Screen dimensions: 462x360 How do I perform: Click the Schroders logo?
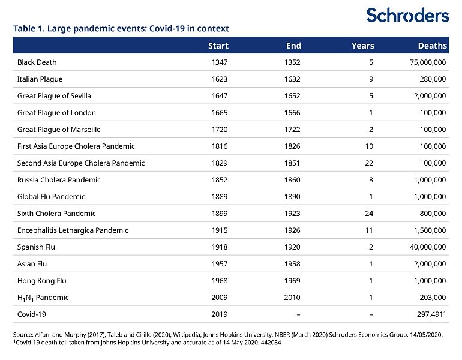pyautogui.click(x=407, y=16)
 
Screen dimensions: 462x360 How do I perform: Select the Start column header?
pyautogui.click(x=218, y=46)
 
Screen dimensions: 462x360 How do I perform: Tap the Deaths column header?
pyautogui.click(x=433, y=46)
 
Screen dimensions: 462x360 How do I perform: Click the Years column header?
pyautogui.click(x=363, y=46)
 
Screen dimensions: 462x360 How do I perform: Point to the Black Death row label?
pyautogui.click(x=37, y=62)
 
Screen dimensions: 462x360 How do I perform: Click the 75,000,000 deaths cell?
pyautogui.click(x=428, y=62)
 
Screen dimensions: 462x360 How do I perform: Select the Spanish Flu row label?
pyautogui.click(x=36, y=247)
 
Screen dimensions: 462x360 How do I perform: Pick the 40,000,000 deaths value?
pyautogui.click(x=428, y=247)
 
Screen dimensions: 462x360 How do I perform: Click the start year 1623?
pyautogui.click(x=220, y=79)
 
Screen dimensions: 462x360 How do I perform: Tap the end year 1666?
pyautogui.click(x=292, y=113)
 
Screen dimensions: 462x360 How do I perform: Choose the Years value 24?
pyautogui.click(x=369, y=213)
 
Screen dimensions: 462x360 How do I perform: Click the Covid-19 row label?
pyautogui.click(x=32, y=314)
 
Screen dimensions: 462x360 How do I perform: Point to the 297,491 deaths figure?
pyautogui.click(x=430, y=314)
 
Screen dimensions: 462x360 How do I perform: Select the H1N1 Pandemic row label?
pyautogui.click(x=43, y=298)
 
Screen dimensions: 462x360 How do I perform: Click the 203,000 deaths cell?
pyautogui.click(x=433, y=298)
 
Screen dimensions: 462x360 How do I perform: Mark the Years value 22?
pyautogui.click(x=369, y=163)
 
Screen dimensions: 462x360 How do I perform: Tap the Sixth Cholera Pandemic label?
pyautogui.click(x=56, y=213)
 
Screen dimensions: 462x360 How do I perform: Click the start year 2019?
pyautogui.click(x=220, y=314)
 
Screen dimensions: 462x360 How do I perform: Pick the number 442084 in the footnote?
pyautogui.click(x=271, y=343)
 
